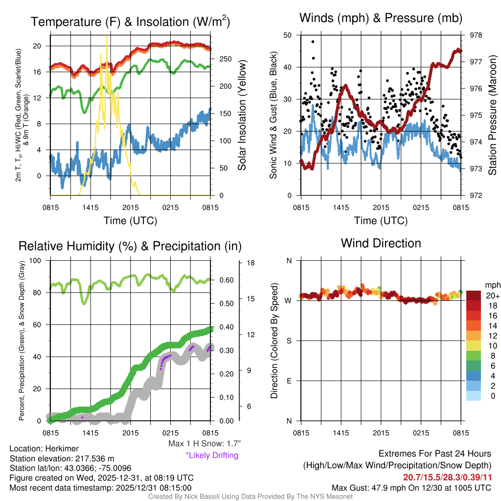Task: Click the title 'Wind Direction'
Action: [x=381, y=243]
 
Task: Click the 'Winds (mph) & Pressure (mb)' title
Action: [x=381, y=19]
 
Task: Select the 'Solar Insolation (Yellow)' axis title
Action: [x=242, y=115]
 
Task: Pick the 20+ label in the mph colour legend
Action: [x=493, y=296]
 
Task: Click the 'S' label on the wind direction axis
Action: [x=289, y=341]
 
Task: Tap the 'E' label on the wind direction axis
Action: [x=289, y=381]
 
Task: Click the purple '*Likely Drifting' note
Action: [x=212, y=455]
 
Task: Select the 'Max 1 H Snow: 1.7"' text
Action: [x=204, y=443]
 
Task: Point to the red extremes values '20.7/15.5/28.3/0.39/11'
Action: [x=447, y=477]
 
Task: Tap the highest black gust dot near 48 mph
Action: [x=313, y=42]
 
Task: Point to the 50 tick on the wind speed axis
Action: [x=289, y=35]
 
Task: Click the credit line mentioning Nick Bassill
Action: [x=250, y=497]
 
